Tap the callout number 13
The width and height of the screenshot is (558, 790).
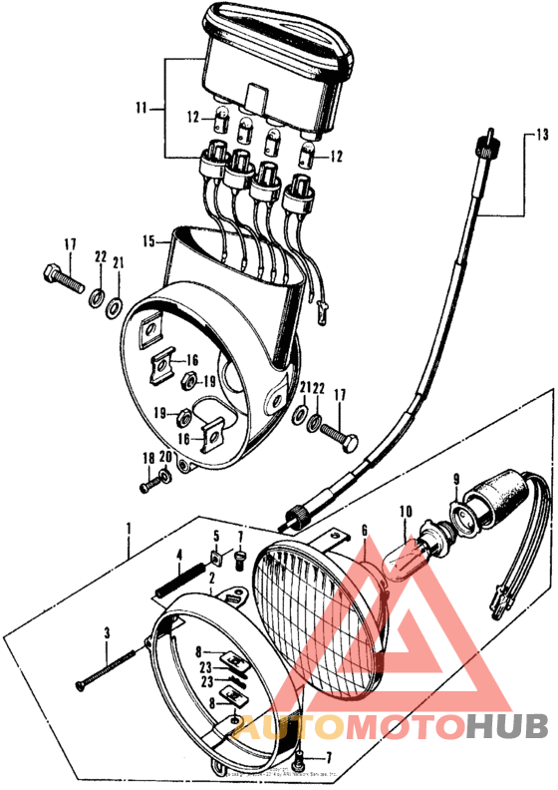click(542, 134)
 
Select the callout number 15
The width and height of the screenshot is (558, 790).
click(147, 241)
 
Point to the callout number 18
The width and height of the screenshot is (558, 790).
click(148, 458)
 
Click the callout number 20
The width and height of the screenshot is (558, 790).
click(165, 458)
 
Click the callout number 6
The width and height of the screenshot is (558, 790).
click(365, 530)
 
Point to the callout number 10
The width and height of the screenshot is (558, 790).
click(405, 513)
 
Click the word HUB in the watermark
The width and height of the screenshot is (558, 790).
click(504, 729)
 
